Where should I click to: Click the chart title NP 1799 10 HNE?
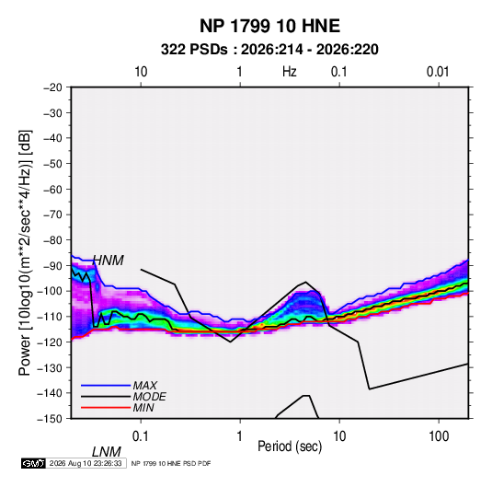click(269, 26)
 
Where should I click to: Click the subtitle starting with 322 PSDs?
click(269, 50)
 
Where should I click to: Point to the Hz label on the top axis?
click(290, 72)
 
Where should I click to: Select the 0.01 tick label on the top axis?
click(438, 72)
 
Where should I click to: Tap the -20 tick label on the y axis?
click(52, 87)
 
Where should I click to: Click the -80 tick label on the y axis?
click(52, 240)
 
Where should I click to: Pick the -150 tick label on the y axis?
click(50, 419)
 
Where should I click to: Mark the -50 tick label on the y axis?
click(52, 164)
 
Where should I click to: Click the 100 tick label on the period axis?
click(439, 436)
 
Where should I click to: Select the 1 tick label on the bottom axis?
click(240, 436)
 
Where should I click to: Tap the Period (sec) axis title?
click(290, 446)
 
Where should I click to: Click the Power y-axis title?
click(25, 252)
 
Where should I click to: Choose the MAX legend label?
click(145, 386)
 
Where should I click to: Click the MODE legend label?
click(149, 397)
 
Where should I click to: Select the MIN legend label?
click(143, 408)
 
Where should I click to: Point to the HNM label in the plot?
click(109, 261)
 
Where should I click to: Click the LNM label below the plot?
click(106, 452)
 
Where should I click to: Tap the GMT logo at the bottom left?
click(34, 463)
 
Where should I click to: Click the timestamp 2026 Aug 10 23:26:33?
click(86, 463)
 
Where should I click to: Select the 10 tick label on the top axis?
click(141, 72)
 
